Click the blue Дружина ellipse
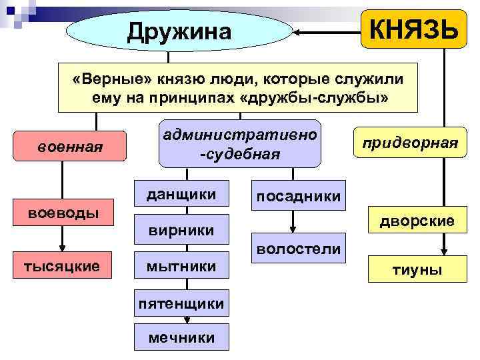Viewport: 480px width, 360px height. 180,31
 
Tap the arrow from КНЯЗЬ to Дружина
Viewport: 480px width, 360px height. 327,31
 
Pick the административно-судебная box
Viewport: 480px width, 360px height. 239,143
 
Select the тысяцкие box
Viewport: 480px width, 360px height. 61,266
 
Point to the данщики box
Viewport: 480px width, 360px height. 181,195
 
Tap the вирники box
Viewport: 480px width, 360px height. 181,230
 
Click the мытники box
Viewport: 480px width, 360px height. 181,266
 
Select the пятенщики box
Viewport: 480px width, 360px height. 181,304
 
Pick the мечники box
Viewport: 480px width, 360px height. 181,337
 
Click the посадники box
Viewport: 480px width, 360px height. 299,195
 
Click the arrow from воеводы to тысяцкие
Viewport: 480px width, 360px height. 61,239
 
